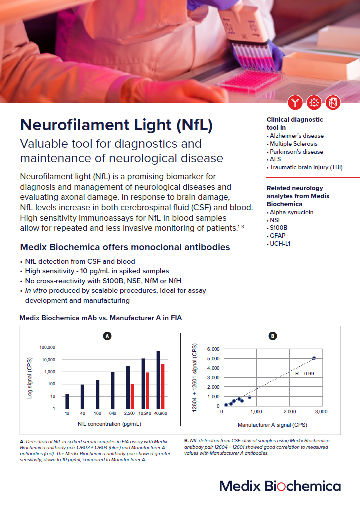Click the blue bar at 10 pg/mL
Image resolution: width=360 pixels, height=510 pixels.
(67, 401)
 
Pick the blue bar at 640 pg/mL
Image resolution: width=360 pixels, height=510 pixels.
(113, 390)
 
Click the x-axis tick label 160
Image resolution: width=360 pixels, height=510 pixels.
(97, 414)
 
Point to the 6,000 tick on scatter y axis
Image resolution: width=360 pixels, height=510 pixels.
(213, 349)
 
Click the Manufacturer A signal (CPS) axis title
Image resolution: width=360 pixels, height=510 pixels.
(272, 424)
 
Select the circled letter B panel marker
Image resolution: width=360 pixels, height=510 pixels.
(272, 336)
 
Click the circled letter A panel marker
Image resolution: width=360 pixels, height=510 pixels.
(106, 336)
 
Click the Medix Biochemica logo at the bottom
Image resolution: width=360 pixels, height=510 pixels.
(280, 486)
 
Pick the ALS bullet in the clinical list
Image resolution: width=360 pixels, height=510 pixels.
(276, 159)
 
